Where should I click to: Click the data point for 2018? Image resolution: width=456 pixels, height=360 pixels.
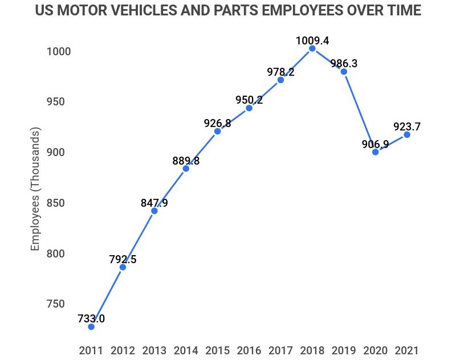click(312, 49)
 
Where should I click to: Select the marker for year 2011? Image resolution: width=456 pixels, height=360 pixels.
click(91, 326)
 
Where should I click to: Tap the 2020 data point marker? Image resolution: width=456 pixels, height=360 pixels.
click(375, 152)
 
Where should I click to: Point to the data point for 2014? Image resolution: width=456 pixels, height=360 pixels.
click(186, 168)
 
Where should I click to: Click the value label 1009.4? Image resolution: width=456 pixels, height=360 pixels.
click(312, 40)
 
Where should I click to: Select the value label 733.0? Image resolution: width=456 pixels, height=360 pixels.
click(91, 319)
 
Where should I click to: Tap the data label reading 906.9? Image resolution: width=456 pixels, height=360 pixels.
click(375, 144)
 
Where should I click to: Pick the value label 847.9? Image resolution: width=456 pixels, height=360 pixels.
click(154, 203)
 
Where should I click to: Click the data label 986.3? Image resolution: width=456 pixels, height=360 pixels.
click(344, 64)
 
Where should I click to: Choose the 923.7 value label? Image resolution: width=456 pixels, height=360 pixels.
click(407, 126)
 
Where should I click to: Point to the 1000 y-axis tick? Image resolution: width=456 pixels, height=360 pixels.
click(58, 52)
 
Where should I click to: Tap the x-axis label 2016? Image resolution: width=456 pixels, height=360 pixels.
click(249, 350)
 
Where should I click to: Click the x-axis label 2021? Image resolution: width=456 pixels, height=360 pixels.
click(407, 350)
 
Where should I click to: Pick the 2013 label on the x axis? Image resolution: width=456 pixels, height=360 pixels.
click(154, 350)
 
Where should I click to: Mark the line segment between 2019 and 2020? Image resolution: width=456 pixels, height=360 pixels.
click(359, 112)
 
